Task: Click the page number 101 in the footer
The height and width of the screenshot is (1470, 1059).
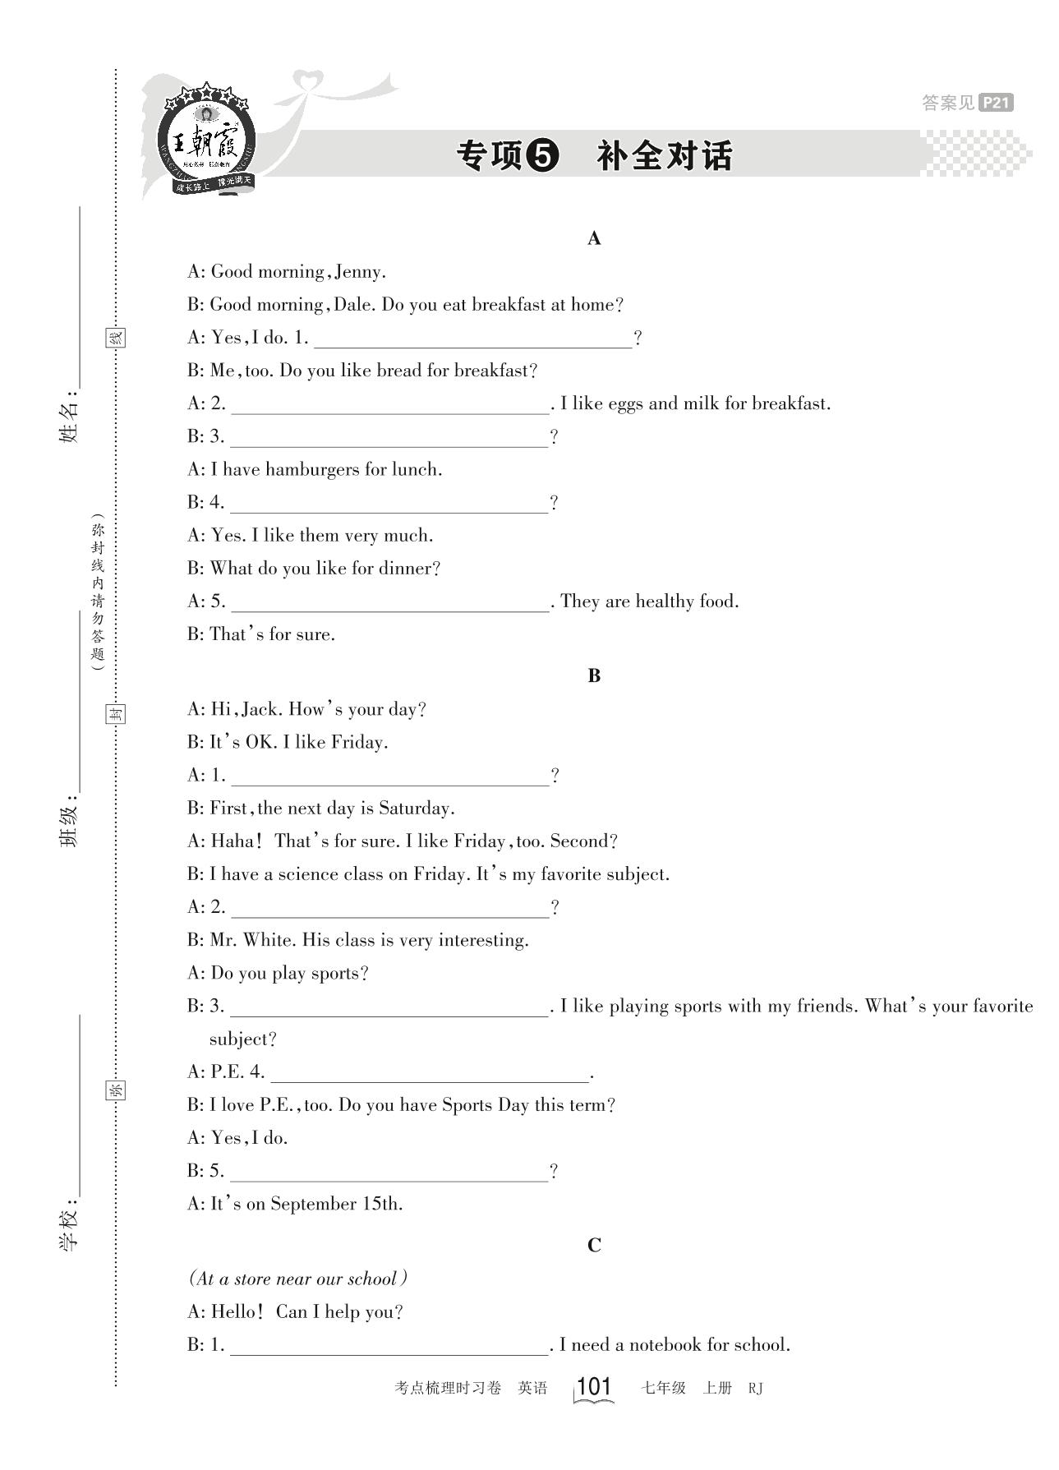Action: pos(594,1386)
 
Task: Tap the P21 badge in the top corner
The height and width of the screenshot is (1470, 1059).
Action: pos(996,103)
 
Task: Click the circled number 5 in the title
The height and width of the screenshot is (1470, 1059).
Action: pos(541,155)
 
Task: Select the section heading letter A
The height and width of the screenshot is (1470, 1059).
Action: pos(594,238)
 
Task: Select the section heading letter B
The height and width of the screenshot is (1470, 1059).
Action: pos(594,675)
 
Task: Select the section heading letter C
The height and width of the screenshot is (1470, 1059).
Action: pos(594,1246)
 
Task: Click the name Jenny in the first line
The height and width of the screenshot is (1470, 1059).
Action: pos(359,272)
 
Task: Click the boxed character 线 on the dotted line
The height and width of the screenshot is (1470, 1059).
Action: pos(117,337)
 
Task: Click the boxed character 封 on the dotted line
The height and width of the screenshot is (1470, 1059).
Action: pos(117,713)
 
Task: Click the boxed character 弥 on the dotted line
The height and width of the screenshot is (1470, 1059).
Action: pos(117,1090)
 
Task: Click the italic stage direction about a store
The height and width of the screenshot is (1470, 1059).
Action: pos(297,1279)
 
